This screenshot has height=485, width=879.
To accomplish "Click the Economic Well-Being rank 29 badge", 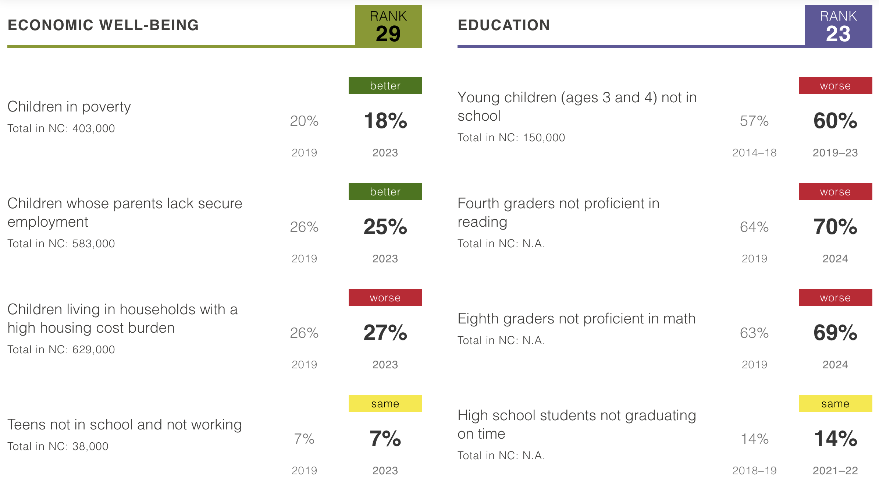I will coord(388,26).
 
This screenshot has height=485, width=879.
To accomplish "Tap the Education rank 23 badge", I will coord(838,26).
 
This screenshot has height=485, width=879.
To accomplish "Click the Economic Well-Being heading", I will coord(103,25).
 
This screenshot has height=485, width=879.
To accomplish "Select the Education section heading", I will coord(503,25).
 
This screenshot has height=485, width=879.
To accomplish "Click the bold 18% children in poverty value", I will coord(385,121).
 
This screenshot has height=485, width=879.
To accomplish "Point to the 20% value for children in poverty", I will coord(304,121).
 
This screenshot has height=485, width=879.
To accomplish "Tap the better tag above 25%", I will coord(385,192).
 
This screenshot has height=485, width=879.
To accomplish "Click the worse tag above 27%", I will coord(385,298).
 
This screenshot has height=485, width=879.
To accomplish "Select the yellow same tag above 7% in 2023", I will coord(385,404).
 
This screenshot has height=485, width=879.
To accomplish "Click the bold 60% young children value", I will coord(835,121).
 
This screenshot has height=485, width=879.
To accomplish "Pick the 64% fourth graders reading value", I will coord(754,227).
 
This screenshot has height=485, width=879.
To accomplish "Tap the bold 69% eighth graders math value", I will coord(835,333).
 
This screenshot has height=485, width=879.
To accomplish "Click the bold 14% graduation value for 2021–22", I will coord(835,439).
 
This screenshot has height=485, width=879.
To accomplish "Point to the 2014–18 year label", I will coord(754,153).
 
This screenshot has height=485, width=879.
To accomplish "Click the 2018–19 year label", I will coord(754,471).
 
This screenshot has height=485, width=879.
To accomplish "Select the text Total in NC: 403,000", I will coord(61,128).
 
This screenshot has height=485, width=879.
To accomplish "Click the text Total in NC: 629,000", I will coord(61,350).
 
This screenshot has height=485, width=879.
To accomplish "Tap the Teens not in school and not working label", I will coord(125,425).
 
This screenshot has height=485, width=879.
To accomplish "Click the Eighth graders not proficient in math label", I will coord(576,319).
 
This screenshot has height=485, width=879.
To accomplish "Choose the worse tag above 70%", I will coord(835,192).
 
